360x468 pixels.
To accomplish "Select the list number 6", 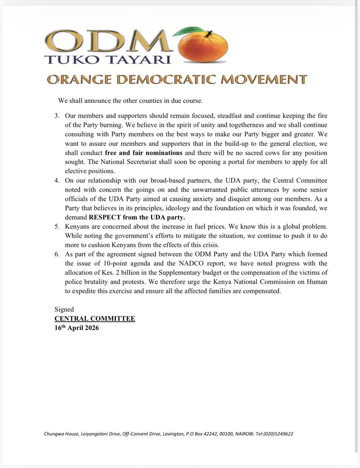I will [x=57, y=255].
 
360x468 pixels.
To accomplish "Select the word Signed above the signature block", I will [x=64, y=309].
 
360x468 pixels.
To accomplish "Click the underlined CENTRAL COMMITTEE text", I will [x=95, y=319].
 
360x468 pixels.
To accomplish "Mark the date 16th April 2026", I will [x=77, y=328].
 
